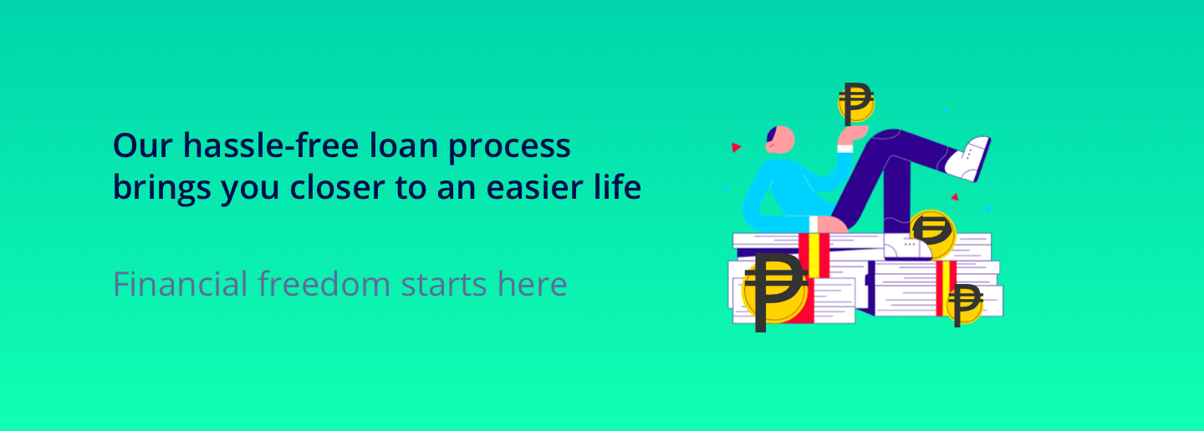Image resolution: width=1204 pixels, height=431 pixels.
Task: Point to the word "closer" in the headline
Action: (338, 189)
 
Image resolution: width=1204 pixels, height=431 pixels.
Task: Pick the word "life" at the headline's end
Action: (620, 188)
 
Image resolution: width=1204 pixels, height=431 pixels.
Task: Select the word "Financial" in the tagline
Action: (181, 284)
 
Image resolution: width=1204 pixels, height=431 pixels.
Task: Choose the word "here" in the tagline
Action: (533, 284)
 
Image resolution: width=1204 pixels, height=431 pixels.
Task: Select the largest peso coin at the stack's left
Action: (773, 292)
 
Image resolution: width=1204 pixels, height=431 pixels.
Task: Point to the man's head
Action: (778, 139)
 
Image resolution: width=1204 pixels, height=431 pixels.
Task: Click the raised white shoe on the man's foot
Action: (969, 156)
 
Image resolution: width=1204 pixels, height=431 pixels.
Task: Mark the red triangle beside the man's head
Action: (736, 147)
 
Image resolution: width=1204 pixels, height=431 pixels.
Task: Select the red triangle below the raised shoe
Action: (954, 198)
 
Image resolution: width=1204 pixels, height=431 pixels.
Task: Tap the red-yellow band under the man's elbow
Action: (814, 254)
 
